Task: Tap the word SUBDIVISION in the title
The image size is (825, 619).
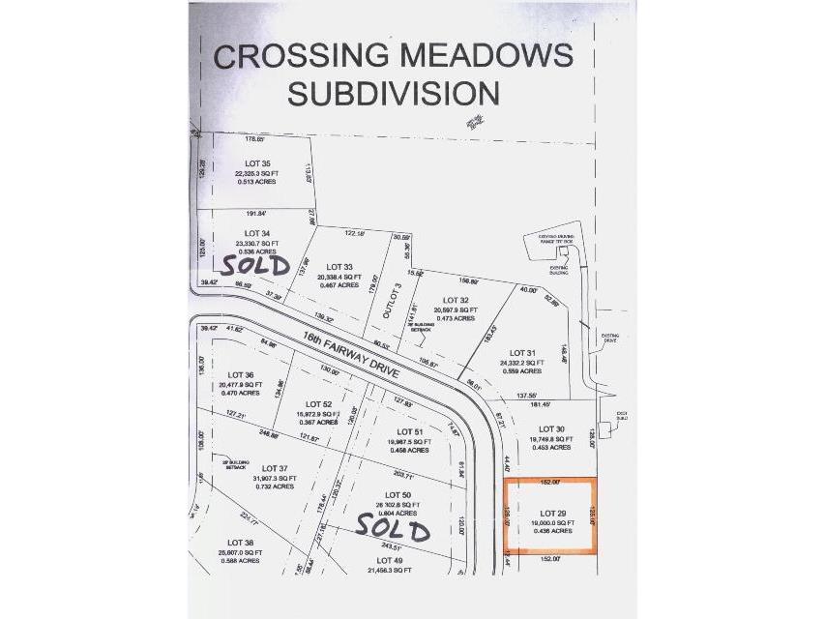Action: [396, 93]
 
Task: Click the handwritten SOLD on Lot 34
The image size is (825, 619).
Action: [255, 263]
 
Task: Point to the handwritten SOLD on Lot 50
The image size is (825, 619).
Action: [392, 527]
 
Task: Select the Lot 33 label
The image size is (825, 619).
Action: [339, 266]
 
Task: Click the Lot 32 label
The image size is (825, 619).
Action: [456, 300]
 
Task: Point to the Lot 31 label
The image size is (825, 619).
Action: [521, 353]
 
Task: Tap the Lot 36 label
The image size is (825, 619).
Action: [241, 374]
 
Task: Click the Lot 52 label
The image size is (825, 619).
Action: [318, 403]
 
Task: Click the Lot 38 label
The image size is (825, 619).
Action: [241, 542]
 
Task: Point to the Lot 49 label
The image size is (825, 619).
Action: [390, 560]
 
